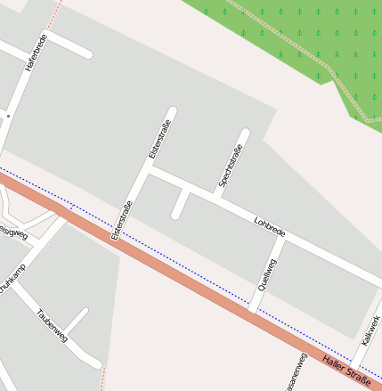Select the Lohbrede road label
[x=269, y=225]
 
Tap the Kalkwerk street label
[x=370, y=330]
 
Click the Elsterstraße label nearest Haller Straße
[x=123, y=222]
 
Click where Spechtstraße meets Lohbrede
[x=216, y=194]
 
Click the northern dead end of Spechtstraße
[x=244, y=134]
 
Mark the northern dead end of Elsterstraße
[x=172, y=112]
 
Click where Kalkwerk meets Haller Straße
[x=354, y=364]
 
